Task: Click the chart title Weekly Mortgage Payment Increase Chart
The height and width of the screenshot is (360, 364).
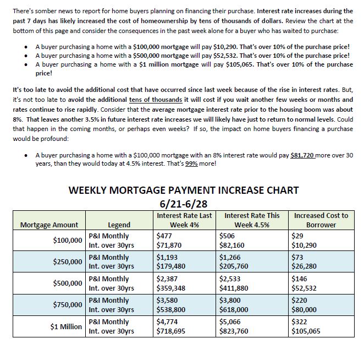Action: (183, 190)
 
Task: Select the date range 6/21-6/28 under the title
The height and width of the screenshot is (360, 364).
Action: (183, 203)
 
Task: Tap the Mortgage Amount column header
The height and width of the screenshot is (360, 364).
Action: (49, 225)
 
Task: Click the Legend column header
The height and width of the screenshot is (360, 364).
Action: (119, 225)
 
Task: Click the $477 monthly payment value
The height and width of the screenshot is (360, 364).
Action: (164, 236)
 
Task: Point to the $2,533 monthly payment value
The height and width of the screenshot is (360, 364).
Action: (230, 279)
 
